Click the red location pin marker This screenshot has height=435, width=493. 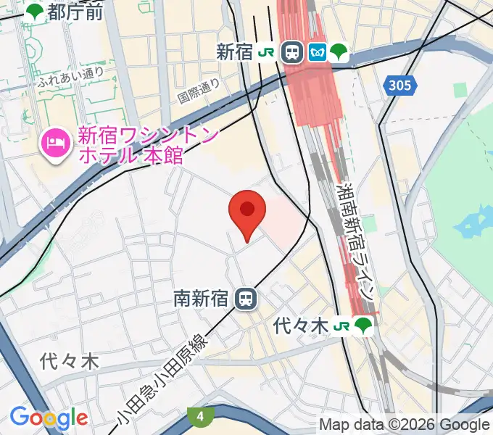pos(247,212)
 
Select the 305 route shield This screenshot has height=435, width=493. pos(399,86)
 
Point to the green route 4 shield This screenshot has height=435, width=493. pos(199,416)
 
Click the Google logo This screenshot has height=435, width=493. pos(49,417)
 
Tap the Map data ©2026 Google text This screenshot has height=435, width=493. pos(404,424)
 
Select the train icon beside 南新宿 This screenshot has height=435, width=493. pos(247,298)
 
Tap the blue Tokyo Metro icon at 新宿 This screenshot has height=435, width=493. pos(317,51)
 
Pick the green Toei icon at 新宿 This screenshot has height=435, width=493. pos(339,51)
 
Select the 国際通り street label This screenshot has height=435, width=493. pos(198,91)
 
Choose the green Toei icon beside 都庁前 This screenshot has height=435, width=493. pos(34,11)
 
